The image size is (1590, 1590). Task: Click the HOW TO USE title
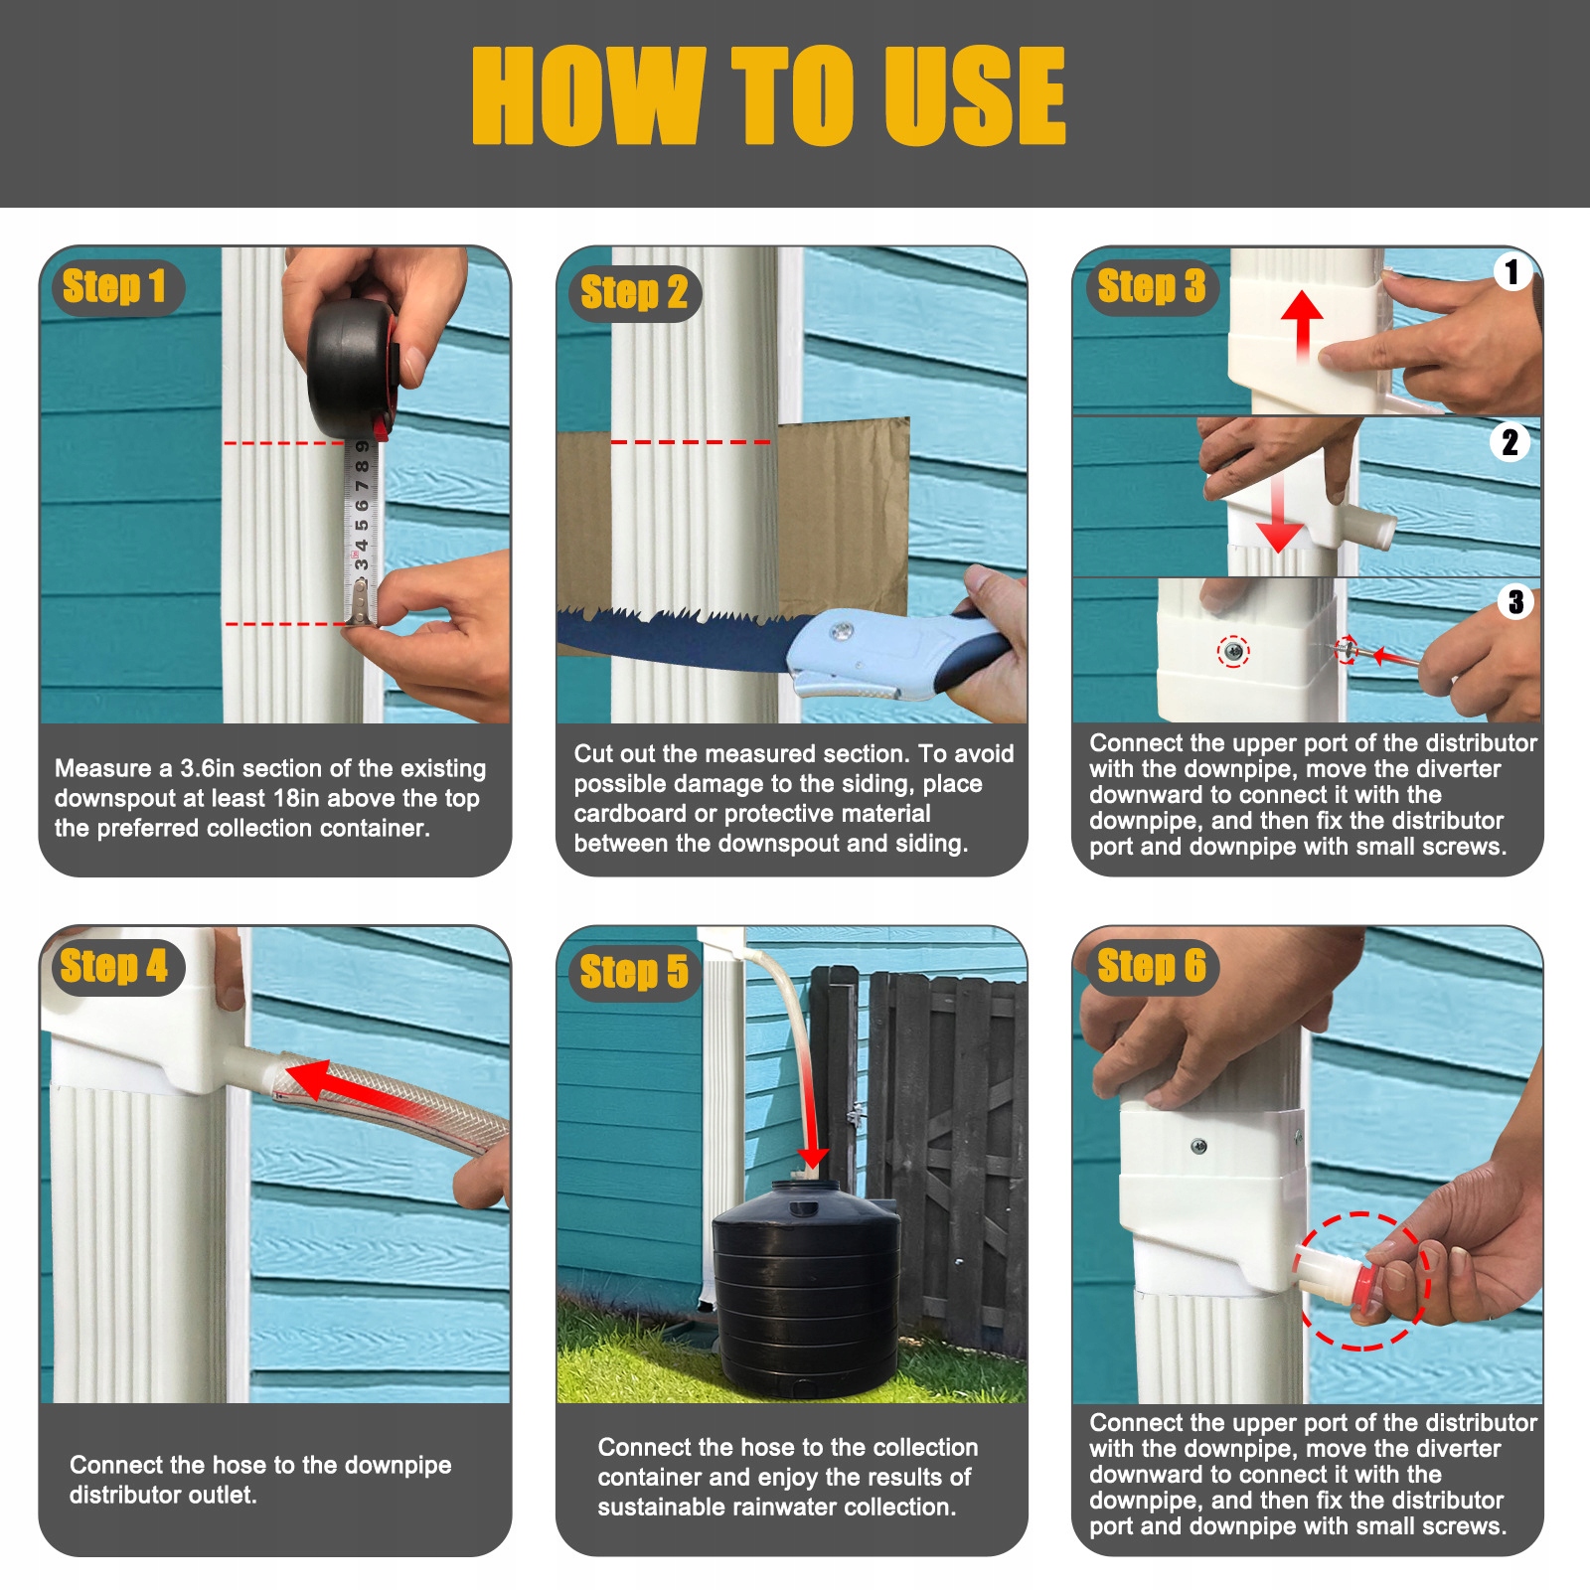point(768,95)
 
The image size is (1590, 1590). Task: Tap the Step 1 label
point(114,286)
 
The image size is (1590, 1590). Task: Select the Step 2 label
point(634,292)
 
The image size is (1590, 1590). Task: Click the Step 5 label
point(634,972)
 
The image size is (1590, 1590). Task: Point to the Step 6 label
point(1152,966)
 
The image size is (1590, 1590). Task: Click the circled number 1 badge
point(1511,271)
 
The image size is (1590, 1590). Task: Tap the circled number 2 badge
point(1510,442)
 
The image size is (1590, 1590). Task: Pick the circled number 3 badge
point(1515,601)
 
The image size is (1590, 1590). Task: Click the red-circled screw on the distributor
point(1233,652)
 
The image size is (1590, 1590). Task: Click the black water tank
point(806,1287)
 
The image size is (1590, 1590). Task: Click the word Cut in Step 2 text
point(594,753)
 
